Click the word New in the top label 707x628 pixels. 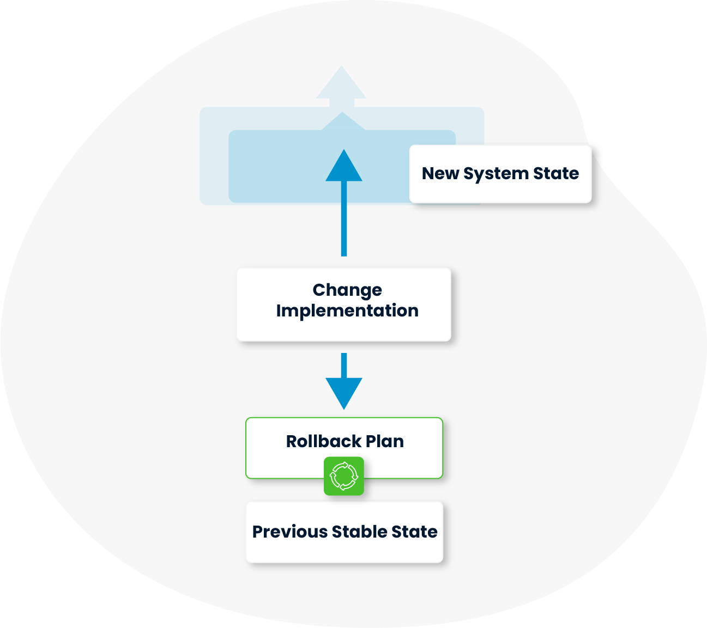click(x=440, y=173)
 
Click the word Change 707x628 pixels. click(x=347, y=291)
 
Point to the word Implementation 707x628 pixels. click(x=347, y=311)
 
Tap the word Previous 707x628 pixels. click(x=289, y=532)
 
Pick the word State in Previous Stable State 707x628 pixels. click(x=414, y=532)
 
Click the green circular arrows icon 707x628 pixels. click(x=344, y=476)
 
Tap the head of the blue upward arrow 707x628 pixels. click(x=344, y=165)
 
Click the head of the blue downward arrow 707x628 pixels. click(x=344, y=394)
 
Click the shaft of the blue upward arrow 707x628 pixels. click(x=344, y=218)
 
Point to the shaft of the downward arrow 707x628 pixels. click(x=344, y=365)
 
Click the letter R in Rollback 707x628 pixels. click(x=292, y=441)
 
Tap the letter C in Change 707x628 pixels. click(x=319, y=290)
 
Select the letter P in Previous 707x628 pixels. click(x=258, y=532)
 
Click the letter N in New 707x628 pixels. click(x=429, y=173)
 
